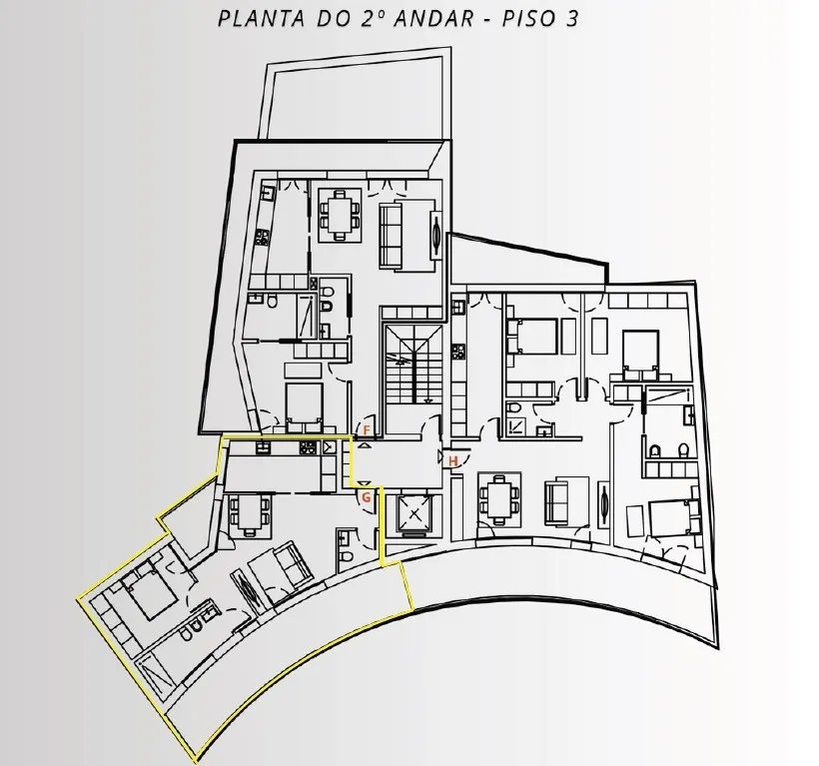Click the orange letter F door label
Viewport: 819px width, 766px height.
(367, 430)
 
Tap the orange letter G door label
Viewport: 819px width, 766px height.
(367, 497)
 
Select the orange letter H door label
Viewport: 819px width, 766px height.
(452, 461)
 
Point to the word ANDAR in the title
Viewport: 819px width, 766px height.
(433, 19)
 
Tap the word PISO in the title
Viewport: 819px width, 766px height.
(526, 19)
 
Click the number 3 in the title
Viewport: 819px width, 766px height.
(571, 19)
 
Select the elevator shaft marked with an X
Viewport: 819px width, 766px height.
(414, 515)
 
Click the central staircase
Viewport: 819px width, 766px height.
(413, 364)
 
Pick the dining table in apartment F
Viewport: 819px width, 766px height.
(340, 216)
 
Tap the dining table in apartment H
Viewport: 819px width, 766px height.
(499, 499)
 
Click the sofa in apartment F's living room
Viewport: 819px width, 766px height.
(391, 237)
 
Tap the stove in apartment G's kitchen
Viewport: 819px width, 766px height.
(308, 447)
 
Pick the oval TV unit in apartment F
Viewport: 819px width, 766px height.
(435, 236)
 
